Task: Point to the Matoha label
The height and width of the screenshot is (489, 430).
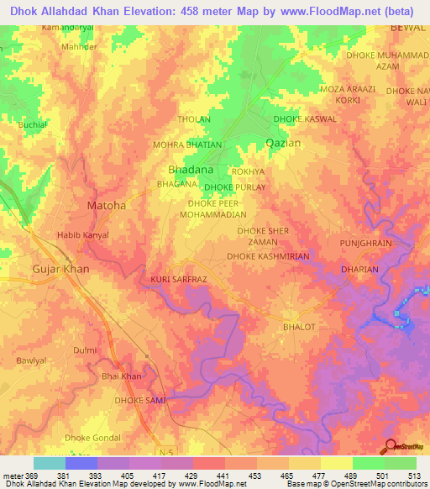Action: coord(107,205)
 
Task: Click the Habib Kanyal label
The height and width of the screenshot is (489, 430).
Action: coord(82,235)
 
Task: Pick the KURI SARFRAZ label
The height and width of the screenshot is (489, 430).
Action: coord(179,278)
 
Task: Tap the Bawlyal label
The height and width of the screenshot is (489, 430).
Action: coord(31,360)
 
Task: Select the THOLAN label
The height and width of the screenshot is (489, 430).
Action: coord(194,119)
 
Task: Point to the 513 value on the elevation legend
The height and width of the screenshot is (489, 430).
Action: coord(415,476)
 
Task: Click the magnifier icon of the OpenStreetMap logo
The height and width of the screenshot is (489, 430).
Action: coord(390,446)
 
